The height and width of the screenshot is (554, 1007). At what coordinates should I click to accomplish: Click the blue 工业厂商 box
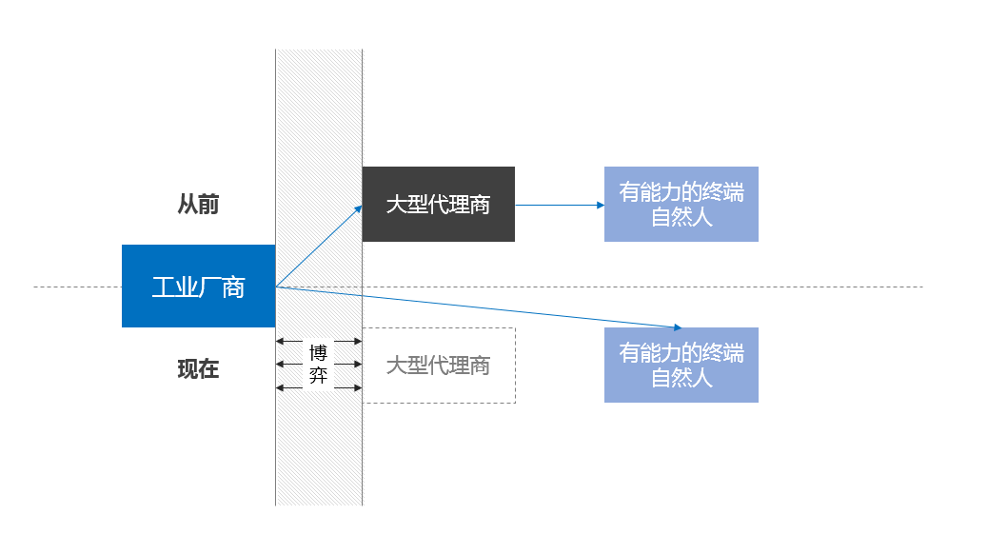click(x=198, y=286)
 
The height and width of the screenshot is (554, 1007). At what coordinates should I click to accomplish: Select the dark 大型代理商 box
click(x=438, y=204)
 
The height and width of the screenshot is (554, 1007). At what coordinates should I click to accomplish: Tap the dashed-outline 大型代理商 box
click(x=438, y=366)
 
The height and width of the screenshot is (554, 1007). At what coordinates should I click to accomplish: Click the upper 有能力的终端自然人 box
click(x=681, y=204)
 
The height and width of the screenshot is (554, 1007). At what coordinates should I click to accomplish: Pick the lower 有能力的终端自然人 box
click(x=681, y=365)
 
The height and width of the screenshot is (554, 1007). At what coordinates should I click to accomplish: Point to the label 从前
click(x=198, y=205)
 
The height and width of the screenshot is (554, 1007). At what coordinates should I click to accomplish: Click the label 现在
click(x=198, y=369)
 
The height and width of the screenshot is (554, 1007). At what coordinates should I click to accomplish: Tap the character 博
click(x=318, y=353)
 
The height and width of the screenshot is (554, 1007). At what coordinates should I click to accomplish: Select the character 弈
click(x=318, y=376)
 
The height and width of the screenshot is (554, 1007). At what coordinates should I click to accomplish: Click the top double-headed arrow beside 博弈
click(x=290, y=341)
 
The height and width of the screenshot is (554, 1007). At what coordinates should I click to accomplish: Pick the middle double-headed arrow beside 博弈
click(x=290, y=365)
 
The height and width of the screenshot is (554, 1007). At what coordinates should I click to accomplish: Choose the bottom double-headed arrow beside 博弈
click(x=290, y=387)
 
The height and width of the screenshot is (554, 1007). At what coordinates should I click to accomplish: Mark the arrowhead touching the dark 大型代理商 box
click(x=358, y=208)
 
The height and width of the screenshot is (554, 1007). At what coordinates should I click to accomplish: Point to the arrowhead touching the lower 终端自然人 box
click(x=679, y=326)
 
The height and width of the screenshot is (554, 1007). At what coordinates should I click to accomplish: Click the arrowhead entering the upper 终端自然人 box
click(x=600, y=205)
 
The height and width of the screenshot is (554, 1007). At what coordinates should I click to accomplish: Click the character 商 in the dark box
click(x=480, y=205)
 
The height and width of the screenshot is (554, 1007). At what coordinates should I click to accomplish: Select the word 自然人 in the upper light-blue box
click(x=681, y=217)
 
